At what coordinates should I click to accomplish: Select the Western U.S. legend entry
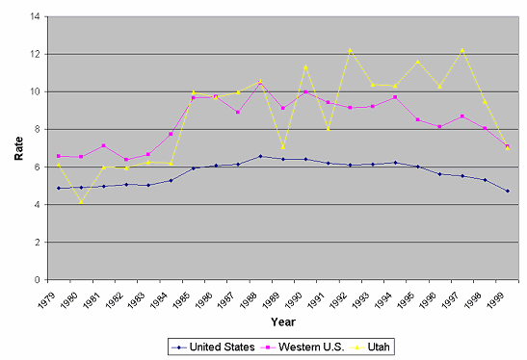(x=303, y=347)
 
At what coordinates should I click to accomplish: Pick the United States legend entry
(x=213, y=347)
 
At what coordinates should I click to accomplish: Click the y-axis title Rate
(x=19, y=148)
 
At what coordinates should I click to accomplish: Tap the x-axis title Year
(x=283, y=321)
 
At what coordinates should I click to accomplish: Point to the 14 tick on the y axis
(x=35, y=16)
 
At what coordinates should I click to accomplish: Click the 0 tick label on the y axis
(x=37, y=280)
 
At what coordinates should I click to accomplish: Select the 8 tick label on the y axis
(x=37, y=129)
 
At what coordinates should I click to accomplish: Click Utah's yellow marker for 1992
(x=351, y=50)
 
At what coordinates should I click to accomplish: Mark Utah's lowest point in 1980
(x=81, y=202)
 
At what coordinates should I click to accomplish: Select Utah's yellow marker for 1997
(x=462, y=50)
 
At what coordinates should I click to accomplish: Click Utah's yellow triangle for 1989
(x=283, y=147)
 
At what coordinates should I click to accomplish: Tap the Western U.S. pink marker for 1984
(x=171, y=134)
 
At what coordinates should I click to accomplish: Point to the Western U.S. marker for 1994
(x=395, y=97)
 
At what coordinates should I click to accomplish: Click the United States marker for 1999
(x=508, y=192)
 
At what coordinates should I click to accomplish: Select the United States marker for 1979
(x=59, y=188)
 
